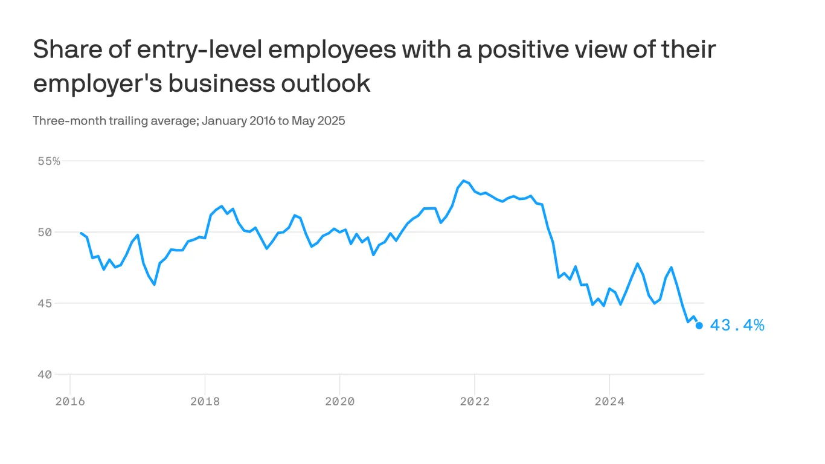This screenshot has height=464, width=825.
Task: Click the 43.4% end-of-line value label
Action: (x=737, y=326)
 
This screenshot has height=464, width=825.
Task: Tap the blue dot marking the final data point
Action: (x=699, y=326)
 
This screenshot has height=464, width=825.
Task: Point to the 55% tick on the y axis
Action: (x=48, y=161)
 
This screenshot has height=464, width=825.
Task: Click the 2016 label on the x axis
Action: (x=70, y=401)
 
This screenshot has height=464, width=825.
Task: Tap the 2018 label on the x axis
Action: (x=205, y=401)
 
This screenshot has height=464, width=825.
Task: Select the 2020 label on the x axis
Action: (x=339, y=401)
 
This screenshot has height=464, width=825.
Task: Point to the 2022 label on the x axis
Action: (x=475, y=401)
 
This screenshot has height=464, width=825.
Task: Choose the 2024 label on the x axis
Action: (x=609, y=401)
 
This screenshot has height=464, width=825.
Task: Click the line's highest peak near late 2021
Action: (x=463, y=181)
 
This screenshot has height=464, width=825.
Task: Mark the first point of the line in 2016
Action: (x=81, y=233)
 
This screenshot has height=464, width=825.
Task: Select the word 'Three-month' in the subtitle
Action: (x=69, y=121)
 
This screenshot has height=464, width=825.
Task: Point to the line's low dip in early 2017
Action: (x=155, y=284)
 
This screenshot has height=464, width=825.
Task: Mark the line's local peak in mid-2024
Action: (x=637, y=263)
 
